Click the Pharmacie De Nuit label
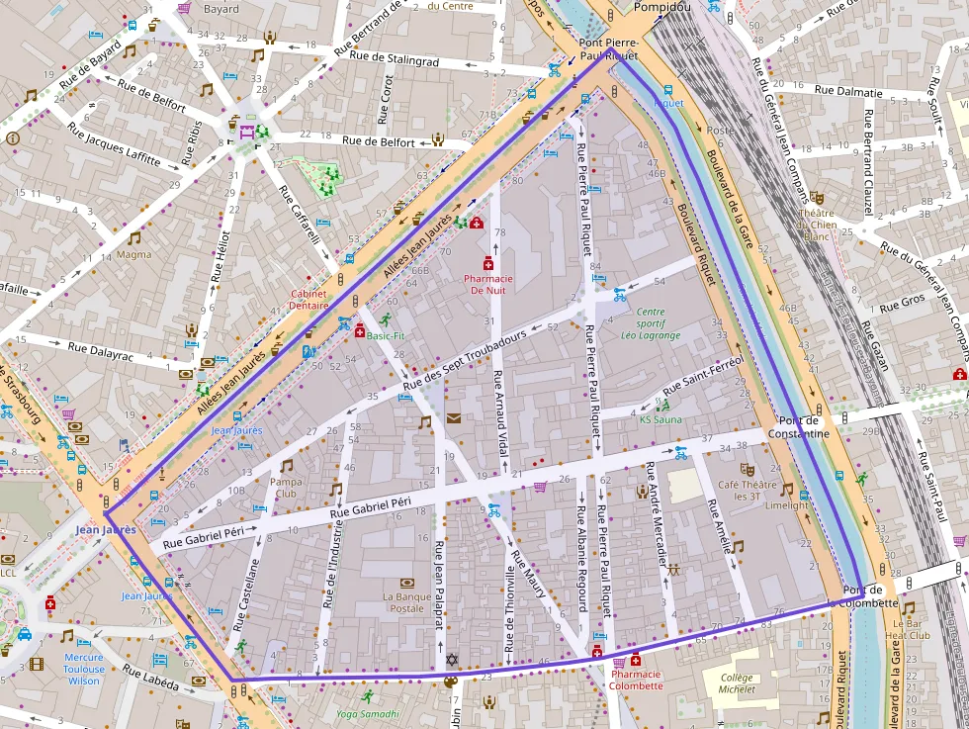click(488, 285)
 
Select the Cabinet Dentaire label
click(309, 300)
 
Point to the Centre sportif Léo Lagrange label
click(651, 323)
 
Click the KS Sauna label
click(661, 419)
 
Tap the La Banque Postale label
click(408, 602)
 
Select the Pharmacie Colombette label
click(636, 680)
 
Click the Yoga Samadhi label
click(367, 713)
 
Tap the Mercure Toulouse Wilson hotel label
click(84, 669)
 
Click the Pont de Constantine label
click(802, 428)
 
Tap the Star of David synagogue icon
click(452, 660)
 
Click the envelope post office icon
click(453, 418)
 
